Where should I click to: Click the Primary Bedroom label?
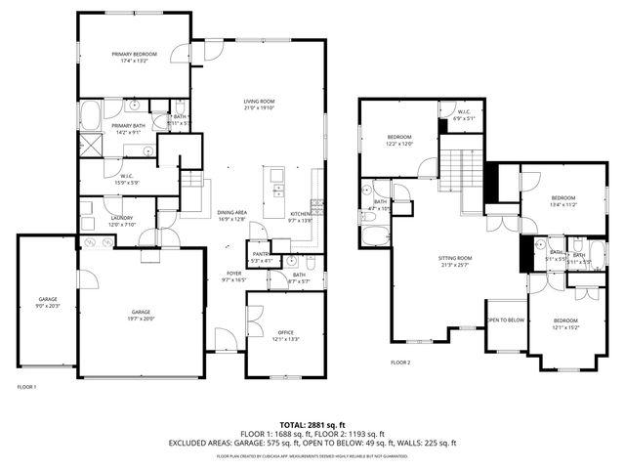(x=134, y=54)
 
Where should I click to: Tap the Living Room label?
(x=259, y=102)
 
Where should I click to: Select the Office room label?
(x=285, y=333)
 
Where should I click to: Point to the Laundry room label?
(x=121, y=218)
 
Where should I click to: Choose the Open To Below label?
(x=506, y=320)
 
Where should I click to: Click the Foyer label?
(x=234, y=274)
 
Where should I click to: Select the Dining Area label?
(x=231, y=212)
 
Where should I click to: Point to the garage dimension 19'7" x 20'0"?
(x=141, y=319)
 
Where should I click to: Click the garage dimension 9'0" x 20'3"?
(x=47, y=306)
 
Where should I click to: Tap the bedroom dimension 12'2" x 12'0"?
(x=399, y=144)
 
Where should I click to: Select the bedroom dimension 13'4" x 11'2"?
(x=563, y=205)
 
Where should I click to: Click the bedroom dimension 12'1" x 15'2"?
(x=565, y=327)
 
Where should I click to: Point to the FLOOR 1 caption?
(x=26, y=387)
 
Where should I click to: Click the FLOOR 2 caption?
(x=400, y=362)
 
